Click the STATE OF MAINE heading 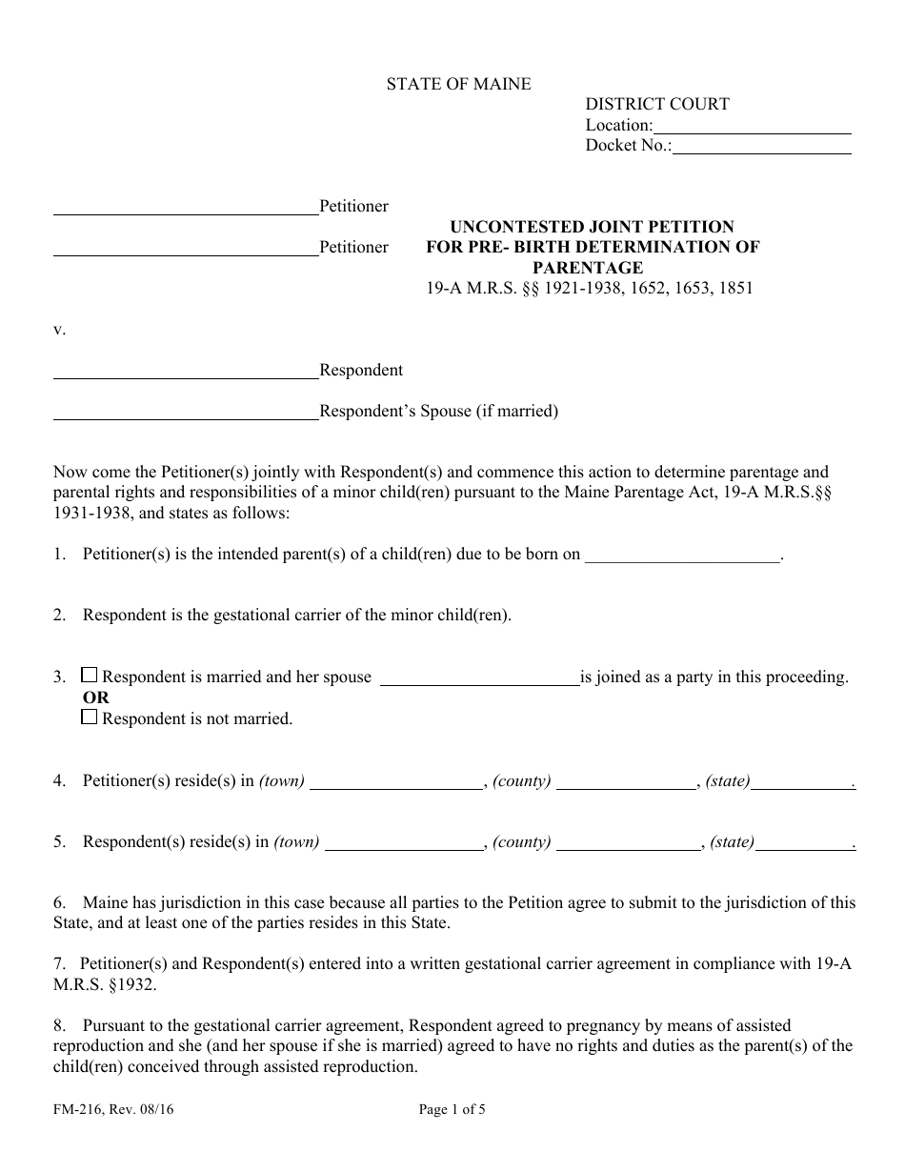click(x=458, y=84)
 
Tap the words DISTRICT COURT click(x=657, y=104)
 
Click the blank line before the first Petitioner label click(x=185, y=207)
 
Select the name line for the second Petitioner click(x=185, y=248)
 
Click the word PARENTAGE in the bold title click(x=587, y=268)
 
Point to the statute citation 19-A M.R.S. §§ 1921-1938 click(x=589, y=288)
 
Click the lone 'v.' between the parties click(x=59, y=330)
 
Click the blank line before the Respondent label click(x=185, y=371)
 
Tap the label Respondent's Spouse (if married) click(x=438, y=412)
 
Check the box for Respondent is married click(x=90, y=676)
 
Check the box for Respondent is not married click(x=90, y=717)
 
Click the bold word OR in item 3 click(x=96, y=697)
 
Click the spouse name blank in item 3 click(x=479, y=677)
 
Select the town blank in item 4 click(x=396, y=782)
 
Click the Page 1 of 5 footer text click(x=452, y=1108)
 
